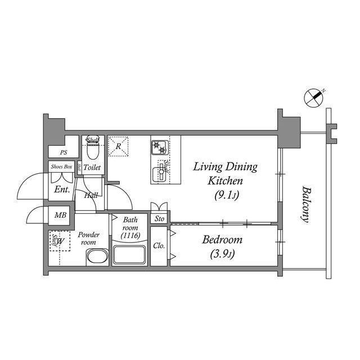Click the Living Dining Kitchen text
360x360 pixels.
225,174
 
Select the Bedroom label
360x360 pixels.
222,240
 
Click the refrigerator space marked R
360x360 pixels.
119,146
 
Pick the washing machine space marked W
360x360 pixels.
60,242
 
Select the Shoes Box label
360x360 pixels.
61,167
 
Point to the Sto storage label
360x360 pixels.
159,218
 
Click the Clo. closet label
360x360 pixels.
159,246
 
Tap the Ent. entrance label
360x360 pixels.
62,190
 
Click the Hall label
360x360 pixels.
91,196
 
